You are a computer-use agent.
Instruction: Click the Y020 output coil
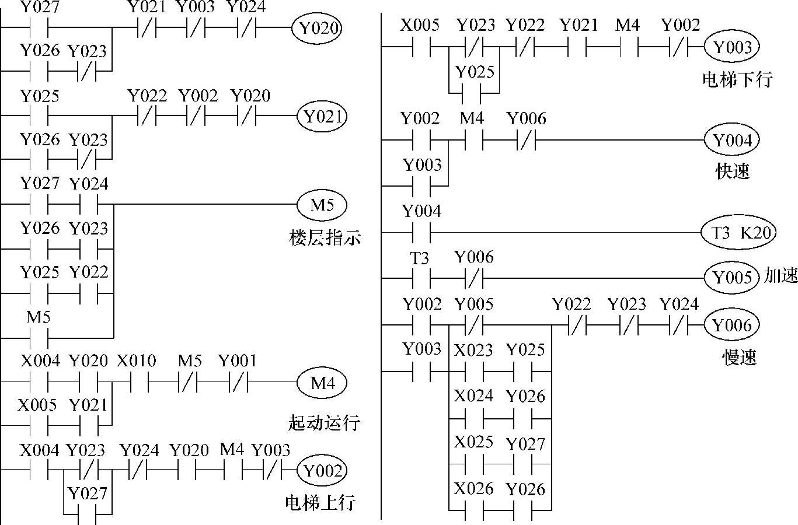(318, 27)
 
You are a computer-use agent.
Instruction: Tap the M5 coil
(322, 205)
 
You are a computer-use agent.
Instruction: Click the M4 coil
(322, 383)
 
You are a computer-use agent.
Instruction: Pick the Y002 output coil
(322, 470)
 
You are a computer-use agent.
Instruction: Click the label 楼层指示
(325, 238)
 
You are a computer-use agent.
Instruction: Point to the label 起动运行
(324, 422)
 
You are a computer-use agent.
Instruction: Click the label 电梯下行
(737, 79)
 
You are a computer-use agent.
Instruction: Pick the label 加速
(780, 276)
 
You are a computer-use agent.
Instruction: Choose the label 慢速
(739, 357)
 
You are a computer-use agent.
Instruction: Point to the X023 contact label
(473, 350)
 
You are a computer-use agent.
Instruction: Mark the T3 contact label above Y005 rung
(420, 258)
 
